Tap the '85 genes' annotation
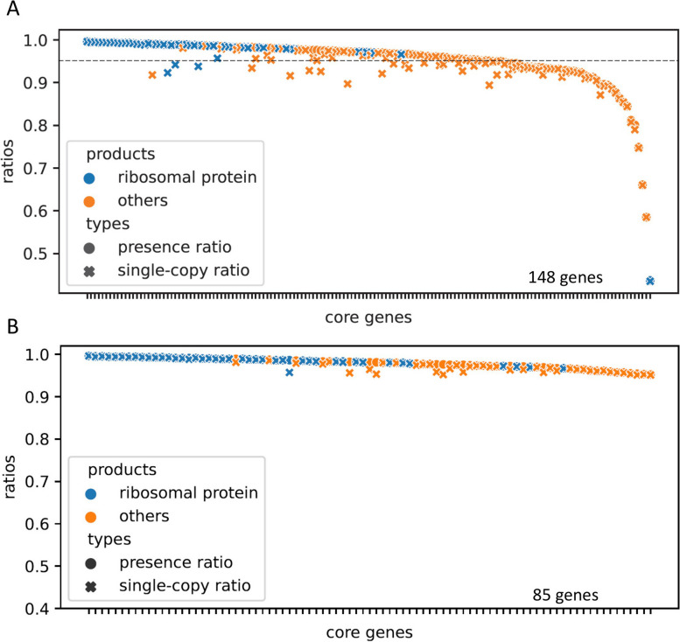[x=564, y=595]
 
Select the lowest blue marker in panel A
[x=649, y=281]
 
